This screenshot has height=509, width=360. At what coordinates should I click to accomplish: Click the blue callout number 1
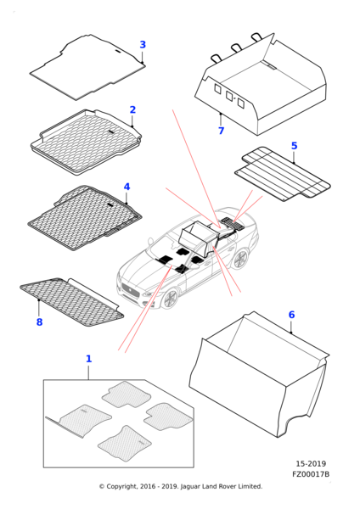point(88,359)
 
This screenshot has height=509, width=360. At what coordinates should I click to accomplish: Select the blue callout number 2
point(132,109)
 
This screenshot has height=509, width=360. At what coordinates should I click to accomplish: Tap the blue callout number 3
point(143,44)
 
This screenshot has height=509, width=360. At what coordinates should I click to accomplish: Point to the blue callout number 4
point(127,187)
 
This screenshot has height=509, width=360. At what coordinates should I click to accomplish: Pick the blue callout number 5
point(294,145)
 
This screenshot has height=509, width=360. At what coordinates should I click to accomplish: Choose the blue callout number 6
point(291,315)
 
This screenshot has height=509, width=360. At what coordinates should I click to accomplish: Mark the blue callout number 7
point(221,131)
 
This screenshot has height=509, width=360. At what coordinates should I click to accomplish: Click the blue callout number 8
point(39,322)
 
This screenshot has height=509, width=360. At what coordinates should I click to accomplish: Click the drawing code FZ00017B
point(311,474)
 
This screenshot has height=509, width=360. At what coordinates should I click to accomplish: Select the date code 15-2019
point(311,463)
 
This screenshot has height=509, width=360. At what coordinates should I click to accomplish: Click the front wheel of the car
point(171,299)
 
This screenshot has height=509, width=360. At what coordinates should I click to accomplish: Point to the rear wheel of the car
point(240,260)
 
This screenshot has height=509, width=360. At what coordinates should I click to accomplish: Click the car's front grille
point(130,290)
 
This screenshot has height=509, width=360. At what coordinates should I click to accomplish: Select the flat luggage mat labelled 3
point(87,67)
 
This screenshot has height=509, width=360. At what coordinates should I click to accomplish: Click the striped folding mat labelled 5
point(283,174)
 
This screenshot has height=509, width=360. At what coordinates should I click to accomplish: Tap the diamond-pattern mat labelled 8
point(72,301)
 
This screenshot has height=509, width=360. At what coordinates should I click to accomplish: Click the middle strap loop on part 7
point(237,48)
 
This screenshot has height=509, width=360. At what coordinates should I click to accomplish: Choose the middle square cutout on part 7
point(229,95)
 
